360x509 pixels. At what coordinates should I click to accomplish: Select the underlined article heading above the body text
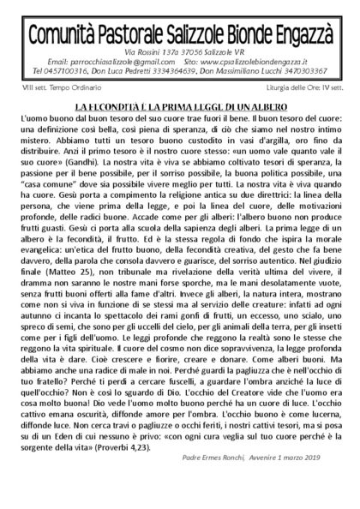click(180, 104)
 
